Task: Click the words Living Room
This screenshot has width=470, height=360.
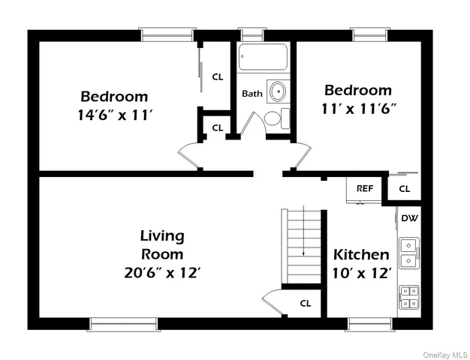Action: (162, 244)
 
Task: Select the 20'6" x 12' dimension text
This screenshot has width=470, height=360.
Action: (163, 273)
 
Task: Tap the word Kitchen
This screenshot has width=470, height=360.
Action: (361, 254)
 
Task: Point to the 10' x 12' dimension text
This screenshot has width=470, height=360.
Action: (362, 273)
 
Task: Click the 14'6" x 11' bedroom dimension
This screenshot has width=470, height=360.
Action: (114, 115)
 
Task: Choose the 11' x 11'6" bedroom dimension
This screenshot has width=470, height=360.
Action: (357, 108)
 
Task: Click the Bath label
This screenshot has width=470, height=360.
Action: (251, 94)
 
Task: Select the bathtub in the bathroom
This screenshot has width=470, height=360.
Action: (263, 58)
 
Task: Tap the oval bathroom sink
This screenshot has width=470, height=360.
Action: (279, 91)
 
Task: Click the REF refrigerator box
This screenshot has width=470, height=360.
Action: (365, 189)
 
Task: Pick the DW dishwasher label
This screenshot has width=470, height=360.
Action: (409, 218)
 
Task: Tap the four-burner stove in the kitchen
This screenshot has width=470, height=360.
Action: (409, 298)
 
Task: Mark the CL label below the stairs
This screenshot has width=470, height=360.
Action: (306, 304)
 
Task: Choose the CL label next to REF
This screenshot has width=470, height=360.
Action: (405, 189)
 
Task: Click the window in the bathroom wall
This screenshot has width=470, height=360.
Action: (252, 34)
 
